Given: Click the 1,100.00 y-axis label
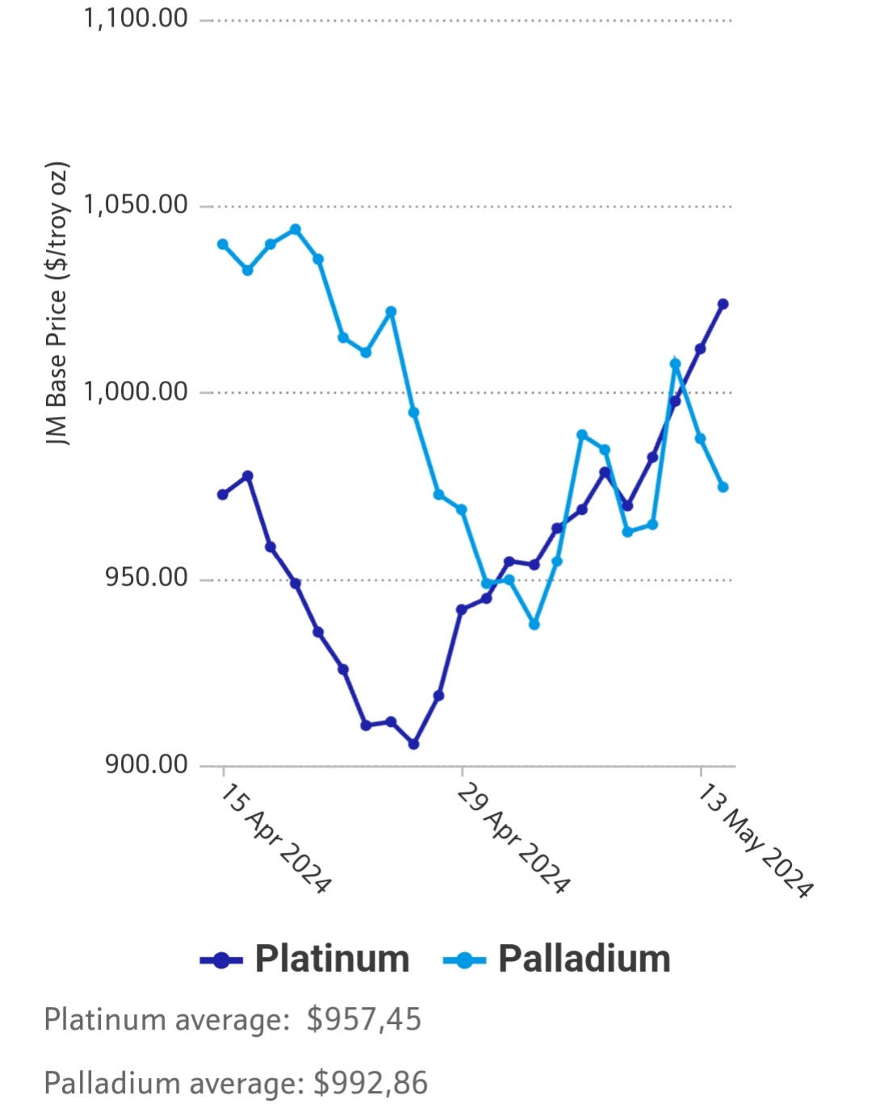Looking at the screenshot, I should pos(136,18).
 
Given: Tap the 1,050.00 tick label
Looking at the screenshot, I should pos(136,204).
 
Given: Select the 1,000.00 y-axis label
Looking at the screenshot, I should pos(136,391).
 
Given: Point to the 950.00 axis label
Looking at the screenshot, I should pos(146,578).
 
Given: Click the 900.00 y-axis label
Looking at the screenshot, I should pos(146,763).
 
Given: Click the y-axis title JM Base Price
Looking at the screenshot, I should pos(57,303).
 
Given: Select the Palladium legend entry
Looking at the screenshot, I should pos(557,959).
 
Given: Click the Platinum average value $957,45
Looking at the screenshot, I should pos(363,1019).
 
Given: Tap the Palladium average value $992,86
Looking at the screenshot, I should pos(371,1083).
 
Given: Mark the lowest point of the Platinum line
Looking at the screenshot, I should pos(413,744).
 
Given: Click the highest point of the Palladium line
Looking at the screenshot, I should pos(296,230).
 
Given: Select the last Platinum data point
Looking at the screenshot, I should pos(723,304).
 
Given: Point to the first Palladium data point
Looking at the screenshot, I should pos(223,245).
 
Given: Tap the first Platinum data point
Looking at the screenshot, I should pos(223,495).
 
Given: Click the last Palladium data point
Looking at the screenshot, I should pos(723,487).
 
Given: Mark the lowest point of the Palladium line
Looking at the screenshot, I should pos(534,625).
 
